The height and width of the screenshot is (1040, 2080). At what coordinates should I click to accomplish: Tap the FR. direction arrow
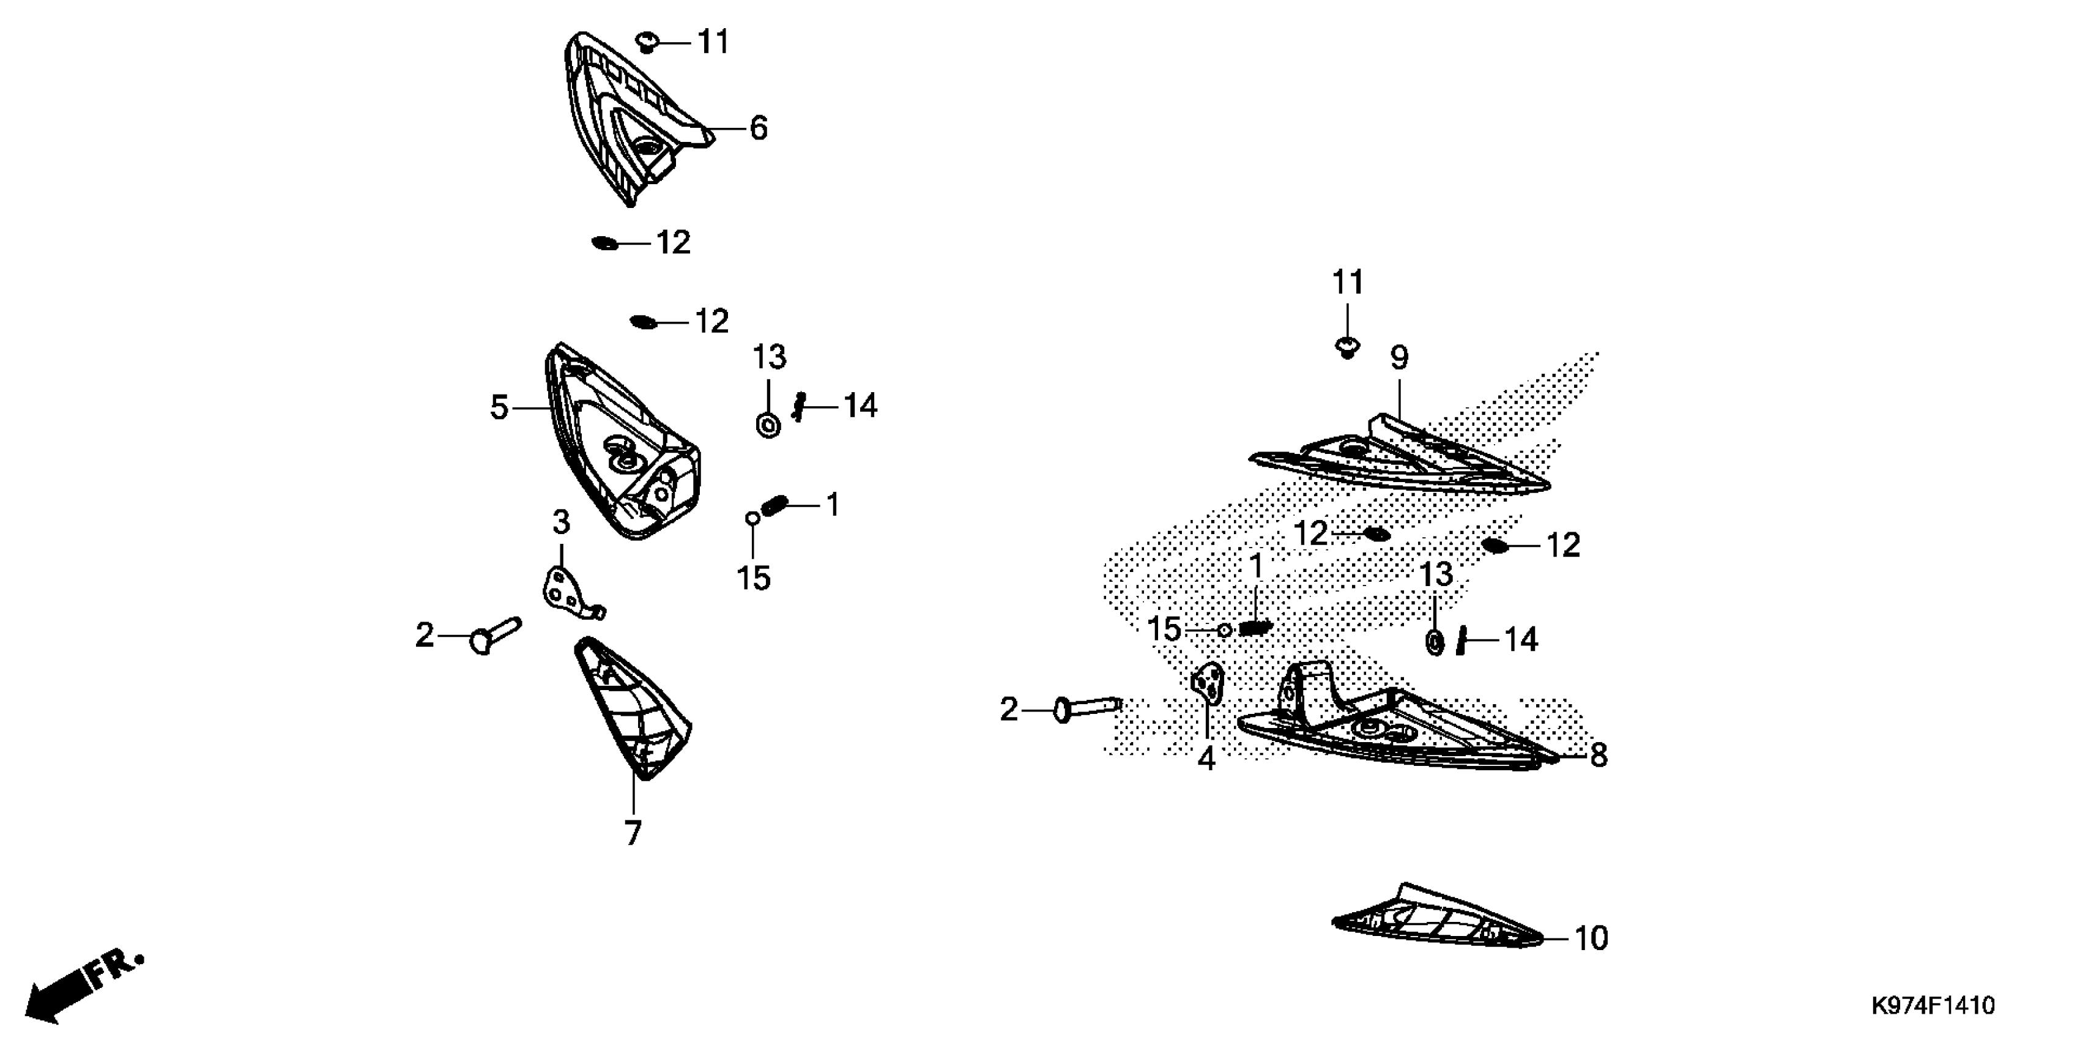pos(81,987)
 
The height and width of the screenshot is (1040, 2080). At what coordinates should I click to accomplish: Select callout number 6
pos(758,128)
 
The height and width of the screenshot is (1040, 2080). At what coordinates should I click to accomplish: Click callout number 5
pos(500,408)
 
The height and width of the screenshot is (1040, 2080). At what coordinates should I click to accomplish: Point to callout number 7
pos(633,833)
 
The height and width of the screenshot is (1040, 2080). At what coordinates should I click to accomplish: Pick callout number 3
pos(561,523)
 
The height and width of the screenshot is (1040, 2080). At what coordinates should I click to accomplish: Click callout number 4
pos(1206,759)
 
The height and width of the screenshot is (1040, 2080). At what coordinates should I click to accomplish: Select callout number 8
pos(1598,756)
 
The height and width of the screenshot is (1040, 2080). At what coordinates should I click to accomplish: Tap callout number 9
pos(1398,358)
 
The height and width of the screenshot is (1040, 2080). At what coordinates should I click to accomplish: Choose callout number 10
pos(1591,938)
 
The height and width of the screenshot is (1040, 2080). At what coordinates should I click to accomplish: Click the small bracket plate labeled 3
pos(565,593)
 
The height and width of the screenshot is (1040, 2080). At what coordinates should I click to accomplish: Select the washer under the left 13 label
pos(768,424)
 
